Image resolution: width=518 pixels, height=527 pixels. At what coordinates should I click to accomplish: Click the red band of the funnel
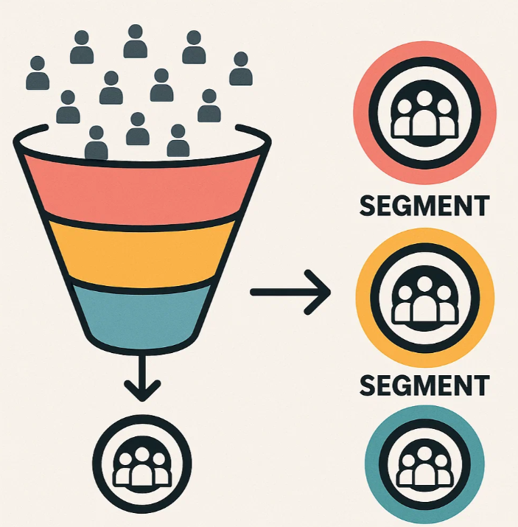143,191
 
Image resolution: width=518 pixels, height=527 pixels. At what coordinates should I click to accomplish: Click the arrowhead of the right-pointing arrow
318,293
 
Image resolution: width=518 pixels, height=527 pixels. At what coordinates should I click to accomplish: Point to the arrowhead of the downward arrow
142,390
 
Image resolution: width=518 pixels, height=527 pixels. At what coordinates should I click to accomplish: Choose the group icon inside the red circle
424,114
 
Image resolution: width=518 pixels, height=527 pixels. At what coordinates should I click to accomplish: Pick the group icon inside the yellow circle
425,299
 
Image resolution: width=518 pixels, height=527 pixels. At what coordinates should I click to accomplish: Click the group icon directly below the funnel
142,464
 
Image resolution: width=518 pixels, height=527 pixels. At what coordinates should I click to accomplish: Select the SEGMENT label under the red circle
424,206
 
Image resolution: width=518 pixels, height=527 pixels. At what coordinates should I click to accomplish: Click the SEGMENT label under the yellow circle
424,385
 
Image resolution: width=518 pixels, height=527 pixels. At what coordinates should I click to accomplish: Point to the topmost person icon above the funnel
136,41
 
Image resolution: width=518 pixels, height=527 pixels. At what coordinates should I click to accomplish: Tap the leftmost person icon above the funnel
38,73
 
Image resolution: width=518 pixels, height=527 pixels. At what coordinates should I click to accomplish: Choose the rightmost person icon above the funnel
241,69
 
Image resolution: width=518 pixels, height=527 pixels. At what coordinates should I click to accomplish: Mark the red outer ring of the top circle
424,49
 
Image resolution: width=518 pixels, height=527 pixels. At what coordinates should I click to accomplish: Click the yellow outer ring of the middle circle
425,236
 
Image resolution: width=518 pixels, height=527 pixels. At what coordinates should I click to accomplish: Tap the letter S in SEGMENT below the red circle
368,206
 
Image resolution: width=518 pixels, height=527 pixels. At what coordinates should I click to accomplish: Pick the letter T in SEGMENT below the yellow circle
480,385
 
